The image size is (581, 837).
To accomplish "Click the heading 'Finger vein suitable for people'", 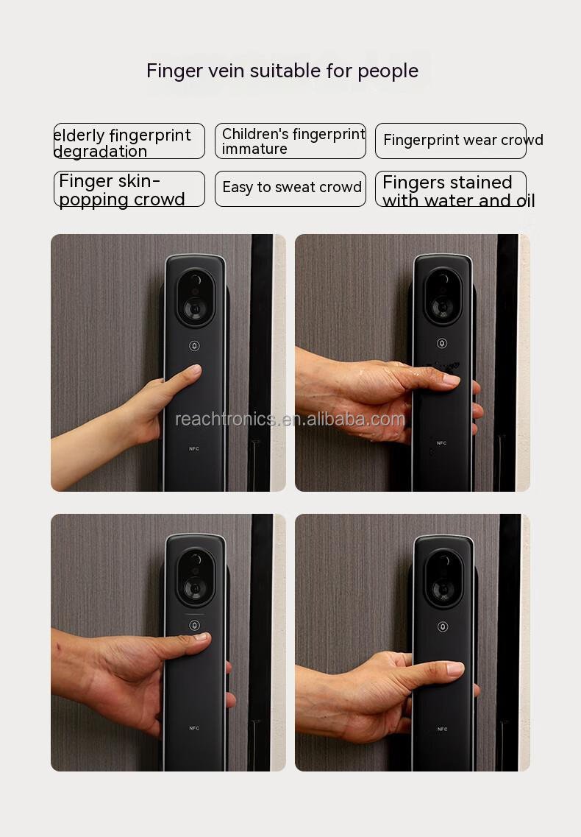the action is (282, 71).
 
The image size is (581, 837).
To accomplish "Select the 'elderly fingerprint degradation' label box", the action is (129, 141).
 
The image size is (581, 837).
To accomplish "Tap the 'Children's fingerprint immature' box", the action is (290, 141).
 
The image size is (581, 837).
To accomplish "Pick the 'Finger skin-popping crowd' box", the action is (129, 189).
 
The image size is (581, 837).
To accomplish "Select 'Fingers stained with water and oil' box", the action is (451, 189).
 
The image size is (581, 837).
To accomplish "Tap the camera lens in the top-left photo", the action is (196, 308).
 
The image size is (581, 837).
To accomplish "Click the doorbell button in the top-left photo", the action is (194, 346).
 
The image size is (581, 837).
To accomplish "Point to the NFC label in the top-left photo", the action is (194, 449).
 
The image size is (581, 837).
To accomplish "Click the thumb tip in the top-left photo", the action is (195, 369).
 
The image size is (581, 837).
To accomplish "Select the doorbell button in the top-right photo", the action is (442, 343).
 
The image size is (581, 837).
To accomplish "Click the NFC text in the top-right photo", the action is (442, 443).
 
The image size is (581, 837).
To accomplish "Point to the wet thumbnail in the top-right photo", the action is (451, 380).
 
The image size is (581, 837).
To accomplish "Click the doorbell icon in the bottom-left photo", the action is (195, 625).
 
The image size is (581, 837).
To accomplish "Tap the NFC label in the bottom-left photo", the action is (194, 728).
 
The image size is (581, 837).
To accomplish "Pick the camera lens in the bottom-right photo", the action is (443, 589).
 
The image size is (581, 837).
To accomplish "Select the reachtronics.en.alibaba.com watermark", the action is (290, 420).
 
